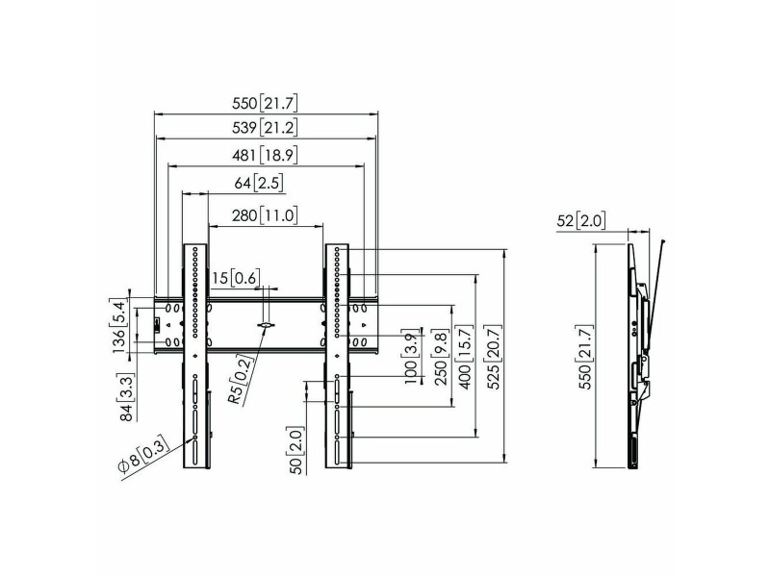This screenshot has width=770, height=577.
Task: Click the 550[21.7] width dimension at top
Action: tap(265, 104)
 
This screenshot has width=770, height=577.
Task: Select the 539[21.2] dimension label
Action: tap(265, 128)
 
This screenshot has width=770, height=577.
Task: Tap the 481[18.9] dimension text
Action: tap(265, 156)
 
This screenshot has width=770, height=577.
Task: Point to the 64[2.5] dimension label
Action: tap(259, 184)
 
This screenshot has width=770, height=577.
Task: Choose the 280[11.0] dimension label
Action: tap(265, 214)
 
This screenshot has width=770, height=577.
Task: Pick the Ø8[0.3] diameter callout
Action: tap(143, 455)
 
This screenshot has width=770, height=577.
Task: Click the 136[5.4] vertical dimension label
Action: tap(119, 327)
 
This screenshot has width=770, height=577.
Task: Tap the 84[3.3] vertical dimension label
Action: tap(127, 397)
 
